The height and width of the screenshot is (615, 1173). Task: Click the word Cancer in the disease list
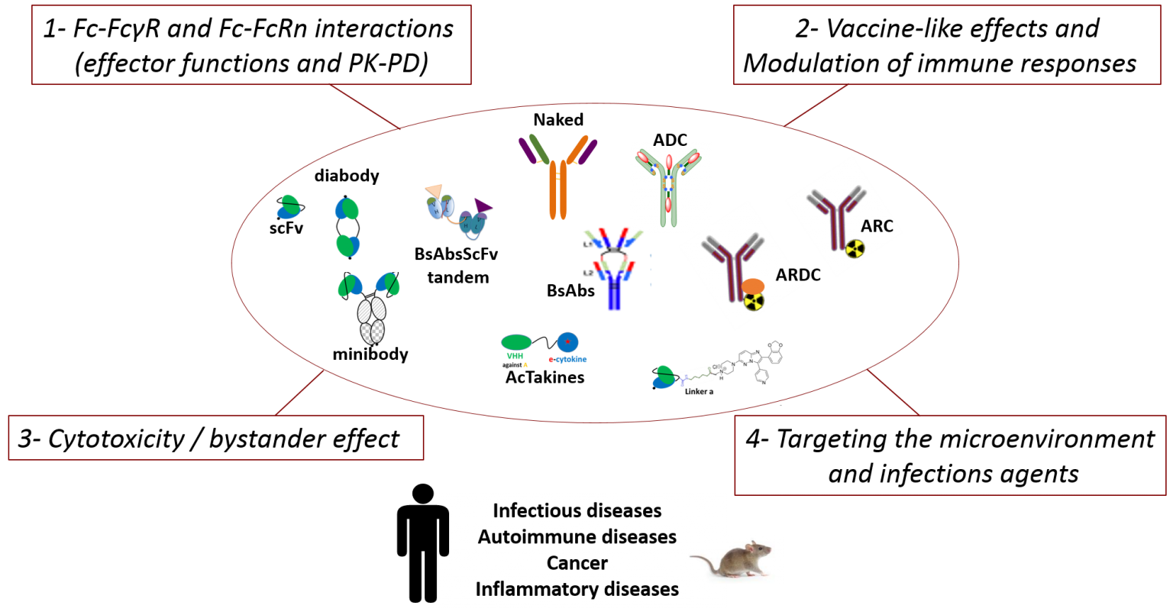577,563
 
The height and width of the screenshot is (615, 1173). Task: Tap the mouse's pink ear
751,548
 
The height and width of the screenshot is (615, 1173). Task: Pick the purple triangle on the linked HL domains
483,205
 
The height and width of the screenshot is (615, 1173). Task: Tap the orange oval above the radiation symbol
753,286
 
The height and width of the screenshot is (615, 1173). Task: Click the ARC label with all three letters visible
877,226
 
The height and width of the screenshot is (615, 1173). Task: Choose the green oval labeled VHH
516,341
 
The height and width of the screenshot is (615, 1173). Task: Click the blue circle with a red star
567,341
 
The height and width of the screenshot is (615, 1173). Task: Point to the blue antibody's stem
613,295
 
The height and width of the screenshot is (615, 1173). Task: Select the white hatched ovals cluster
372,320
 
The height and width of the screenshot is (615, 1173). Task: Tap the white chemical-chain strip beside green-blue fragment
697,374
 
